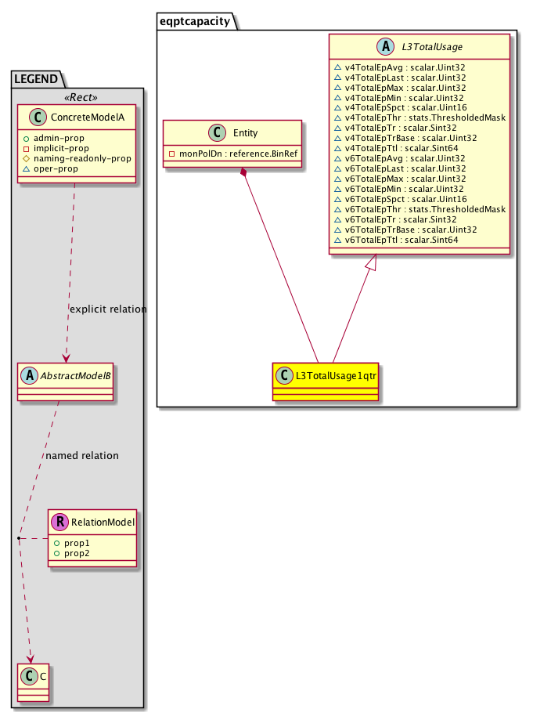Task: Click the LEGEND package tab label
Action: click(x=36, y=78)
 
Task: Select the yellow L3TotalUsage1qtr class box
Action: click(x=326, y=381)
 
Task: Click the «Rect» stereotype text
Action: click(x=76, y=98)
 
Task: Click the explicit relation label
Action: click(x=107, y=309)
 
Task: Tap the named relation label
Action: click(x=82, y=455)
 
